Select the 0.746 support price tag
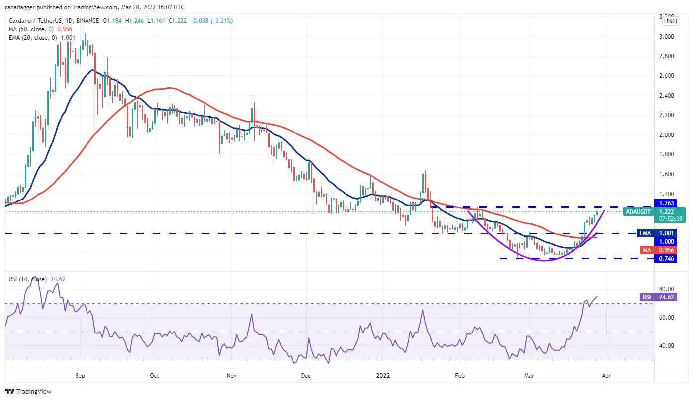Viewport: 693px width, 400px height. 667,258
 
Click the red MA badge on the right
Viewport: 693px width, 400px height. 646,250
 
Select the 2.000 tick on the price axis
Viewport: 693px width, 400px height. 666,134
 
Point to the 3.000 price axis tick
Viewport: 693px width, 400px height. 666,36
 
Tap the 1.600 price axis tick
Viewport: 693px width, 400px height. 666,174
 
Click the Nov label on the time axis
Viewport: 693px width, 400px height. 232,376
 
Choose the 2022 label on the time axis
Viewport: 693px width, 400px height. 383,376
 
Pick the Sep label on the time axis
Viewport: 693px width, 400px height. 81,376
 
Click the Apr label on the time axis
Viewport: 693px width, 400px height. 606,376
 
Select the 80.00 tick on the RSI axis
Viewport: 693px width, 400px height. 666,289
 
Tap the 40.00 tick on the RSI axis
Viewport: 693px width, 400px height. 666,345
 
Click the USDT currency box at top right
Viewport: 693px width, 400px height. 671,21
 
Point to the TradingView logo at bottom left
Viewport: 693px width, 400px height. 29,391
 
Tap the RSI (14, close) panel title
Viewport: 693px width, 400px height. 27,279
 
